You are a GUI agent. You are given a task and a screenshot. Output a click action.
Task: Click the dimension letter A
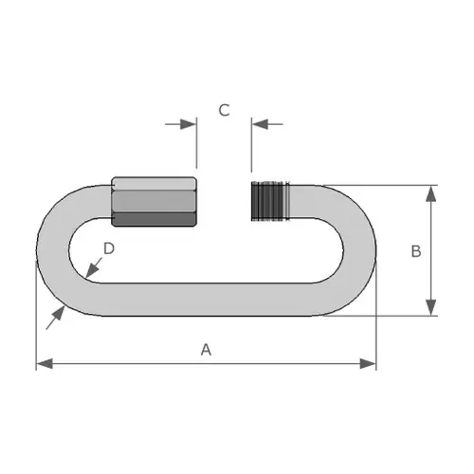206,350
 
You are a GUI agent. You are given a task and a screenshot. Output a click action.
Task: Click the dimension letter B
416,251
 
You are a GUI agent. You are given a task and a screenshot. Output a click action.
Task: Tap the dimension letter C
224,110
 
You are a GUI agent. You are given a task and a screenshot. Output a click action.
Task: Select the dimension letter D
109,248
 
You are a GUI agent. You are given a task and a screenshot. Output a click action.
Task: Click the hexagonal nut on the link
154,202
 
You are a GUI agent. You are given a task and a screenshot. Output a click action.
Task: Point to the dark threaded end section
270,201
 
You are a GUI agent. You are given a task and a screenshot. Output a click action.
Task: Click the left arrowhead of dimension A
45,364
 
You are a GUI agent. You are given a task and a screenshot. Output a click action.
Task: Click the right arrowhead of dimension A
368,364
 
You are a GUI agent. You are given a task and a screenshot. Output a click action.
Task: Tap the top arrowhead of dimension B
431,193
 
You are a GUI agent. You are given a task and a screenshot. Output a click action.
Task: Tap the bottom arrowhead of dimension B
431,307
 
